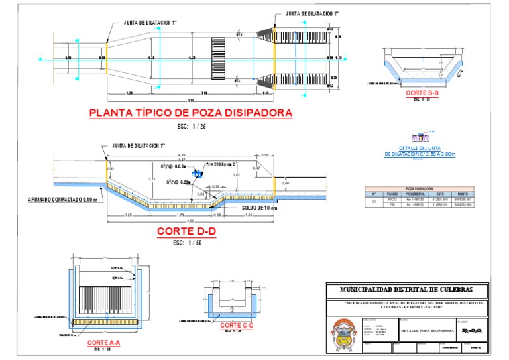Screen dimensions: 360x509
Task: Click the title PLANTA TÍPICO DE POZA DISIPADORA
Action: tap(191, 113)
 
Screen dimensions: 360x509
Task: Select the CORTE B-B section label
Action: tap(422, 93)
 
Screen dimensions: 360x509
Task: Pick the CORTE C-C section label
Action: tap(235, 325)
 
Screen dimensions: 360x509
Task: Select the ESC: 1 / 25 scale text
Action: tap(192, 125)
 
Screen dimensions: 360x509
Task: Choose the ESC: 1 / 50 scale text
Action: tap(186, 243)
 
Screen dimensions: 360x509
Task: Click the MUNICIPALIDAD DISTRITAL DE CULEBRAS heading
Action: tap(406, 290)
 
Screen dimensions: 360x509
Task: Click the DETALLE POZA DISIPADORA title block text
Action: tap(427, 330)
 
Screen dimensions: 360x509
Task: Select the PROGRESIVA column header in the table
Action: tap(415, 194)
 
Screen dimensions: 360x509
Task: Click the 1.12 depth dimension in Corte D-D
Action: tap(152, 179)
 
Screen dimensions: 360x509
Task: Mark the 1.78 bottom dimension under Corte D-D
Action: tap(181, 215)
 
